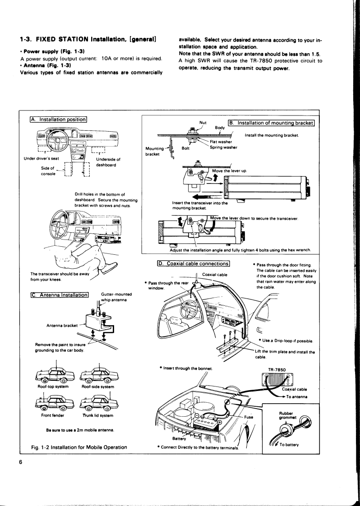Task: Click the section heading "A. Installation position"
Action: (58, 119)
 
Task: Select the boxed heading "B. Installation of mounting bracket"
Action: (271, 123)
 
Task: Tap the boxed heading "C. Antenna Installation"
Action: (59, 295)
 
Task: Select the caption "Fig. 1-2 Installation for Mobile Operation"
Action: (79, 447)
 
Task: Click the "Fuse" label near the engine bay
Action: (249, 418)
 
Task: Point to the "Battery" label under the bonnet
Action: (181, 437)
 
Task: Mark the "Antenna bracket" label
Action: (61, 326)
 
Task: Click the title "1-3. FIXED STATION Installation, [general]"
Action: (88, 40)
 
